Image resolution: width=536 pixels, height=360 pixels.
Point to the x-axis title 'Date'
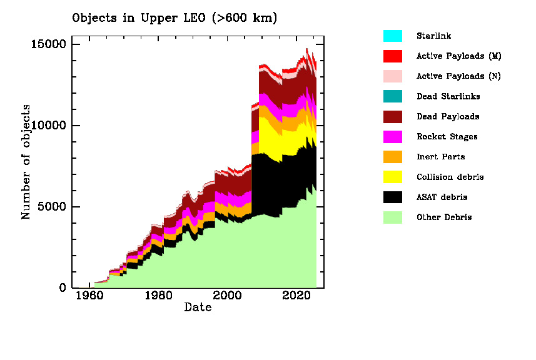pyautogui.click(x=198, y=307)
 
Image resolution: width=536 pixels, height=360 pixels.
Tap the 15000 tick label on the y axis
pyautogui.click(x=49, y=44)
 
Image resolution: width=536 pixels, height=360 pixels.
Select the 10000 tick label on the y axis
pyautogui.click(x=49, y=126)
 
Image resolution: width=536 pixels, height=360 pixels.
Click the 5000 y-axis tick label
pyautogui.click(x=53, y=207)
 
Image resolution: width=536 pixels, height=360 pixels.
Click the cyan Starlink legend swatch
pyautogui.click(x=393, y=36)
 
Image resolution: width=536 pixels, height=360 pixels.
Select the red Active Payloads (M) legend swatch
pyautogui.click(x=393, y=56)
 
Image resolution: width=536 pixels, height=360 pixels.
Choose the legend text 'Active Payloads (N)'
pyautogui.click(x=459, y=76)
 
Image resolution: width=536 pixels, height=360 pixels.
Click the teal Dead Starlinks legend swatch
pyautogui.click(x=393, y=96)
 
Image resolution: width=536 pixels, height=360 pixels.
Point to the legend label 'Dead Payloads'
pyautogui.click(x=448, y=116)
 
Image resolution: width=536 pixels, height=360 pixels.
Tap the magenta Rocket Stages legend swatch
pyautogui.click(x=393, y=136)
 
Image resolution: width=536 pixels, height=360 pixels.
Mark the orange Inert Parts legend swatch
pyautogui.click(x=393, y=157)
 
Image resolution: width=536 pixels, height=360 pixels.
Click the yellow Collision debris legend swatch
pyautogui.click(x=393, y=177)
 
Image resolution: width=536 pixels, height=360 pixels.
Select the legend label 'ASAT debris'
pyautogui.click(x=442, y=197)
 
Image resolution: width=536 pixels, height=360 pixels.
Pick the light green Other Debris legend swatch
pyautogui.click(x=393, y=217)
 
